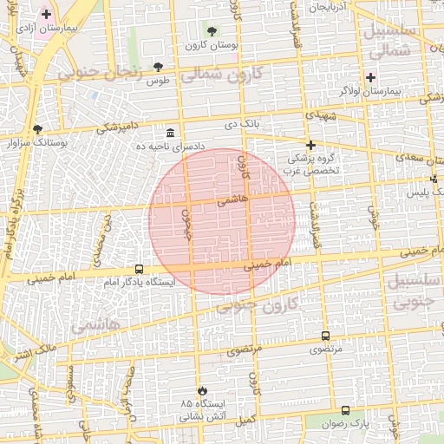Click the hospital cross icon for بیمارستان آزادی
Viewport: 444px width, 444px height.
(x=46, y=14)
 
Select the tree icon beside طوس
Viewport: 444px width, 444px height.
(x=158, y=67)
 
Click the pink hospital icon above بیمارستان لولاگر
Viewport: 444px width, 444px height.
(x=370, y=77)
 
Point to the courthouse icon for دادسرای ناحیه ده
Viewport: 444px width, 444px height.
(x=169, y=134)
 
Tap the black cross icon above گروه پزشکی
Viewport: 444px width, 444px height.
(x=310, y=145)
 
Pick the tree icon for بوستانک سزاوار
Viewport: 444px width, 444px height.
(x=37, y=129)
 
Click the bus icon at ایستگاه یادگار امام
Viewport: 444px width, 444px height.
(x=139, y=269)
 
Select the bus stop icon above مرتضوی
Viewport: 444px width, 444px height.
(x=325, y=336)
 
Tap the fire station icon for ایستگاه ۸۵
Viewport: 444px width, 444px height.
(x=202, y=391)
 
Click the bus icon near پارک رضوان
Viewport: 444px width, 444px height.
(x=346, y=410)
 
